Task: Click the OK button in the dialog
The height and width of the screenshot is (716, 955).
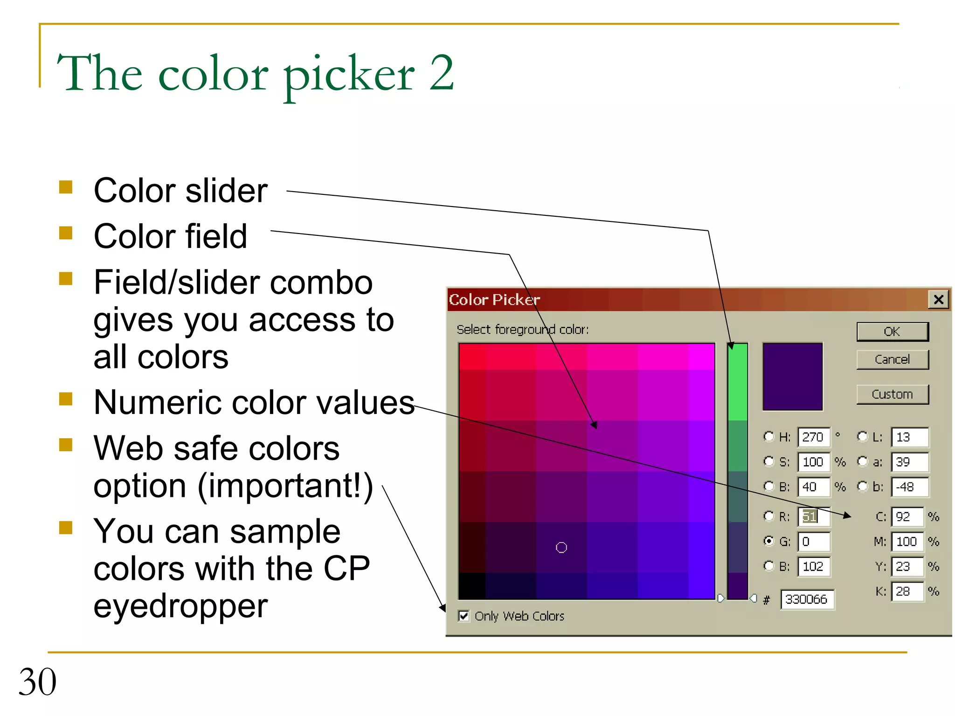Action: pyautogui.click(x=892, y=331)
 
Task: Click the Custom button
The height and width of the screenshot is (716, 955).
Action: pyautogui.click(x=892, y=394)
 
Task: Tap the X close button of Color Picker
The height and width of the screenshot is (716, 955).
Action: pyautogui.click(x=939, y=299)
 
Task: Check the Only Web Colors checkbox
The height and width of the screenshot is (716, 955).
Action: pyautogui.click(x=464, y=616)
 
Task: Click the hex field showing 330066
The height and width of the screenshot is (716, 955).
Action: pyautogui.click(x=807, y=599)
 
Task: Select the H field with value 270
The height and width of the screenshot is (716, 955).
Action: pyautogui.click(x=813, y=437)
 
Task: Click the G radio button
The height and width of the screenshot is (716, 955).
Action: pyautogui.click(x=768, y=541)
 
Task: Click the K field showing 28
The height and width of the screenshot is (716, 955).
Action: pyautogui.click(x=907, y=592)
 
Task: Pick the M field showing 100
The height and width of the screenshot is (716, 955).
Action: pyautogui.click(x=907, y=541)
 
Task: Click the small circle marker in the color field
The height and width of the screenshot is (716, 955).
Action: pyautogui.click(x=561, y=548)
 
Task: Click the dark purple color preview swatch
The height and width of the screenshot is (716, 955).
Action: pyautogui.click(x=792, y=377)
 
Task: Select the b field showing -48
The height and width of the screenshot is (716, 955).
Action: pyautogui.click(x=909, y=487)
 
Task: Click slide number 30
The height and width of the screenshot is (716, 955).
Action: pyautogui.click(x=37, y=682)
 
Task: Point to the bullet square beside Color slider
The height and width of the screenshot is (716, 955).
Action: pyautogui.click(x=66, y=187)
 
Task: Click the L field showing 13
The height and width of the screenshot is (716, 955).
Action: pyautogui.click(x=909, y=437)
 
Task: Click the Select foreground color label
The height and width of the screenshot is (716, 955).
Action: pyautogui.click(x=522, y=330)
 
